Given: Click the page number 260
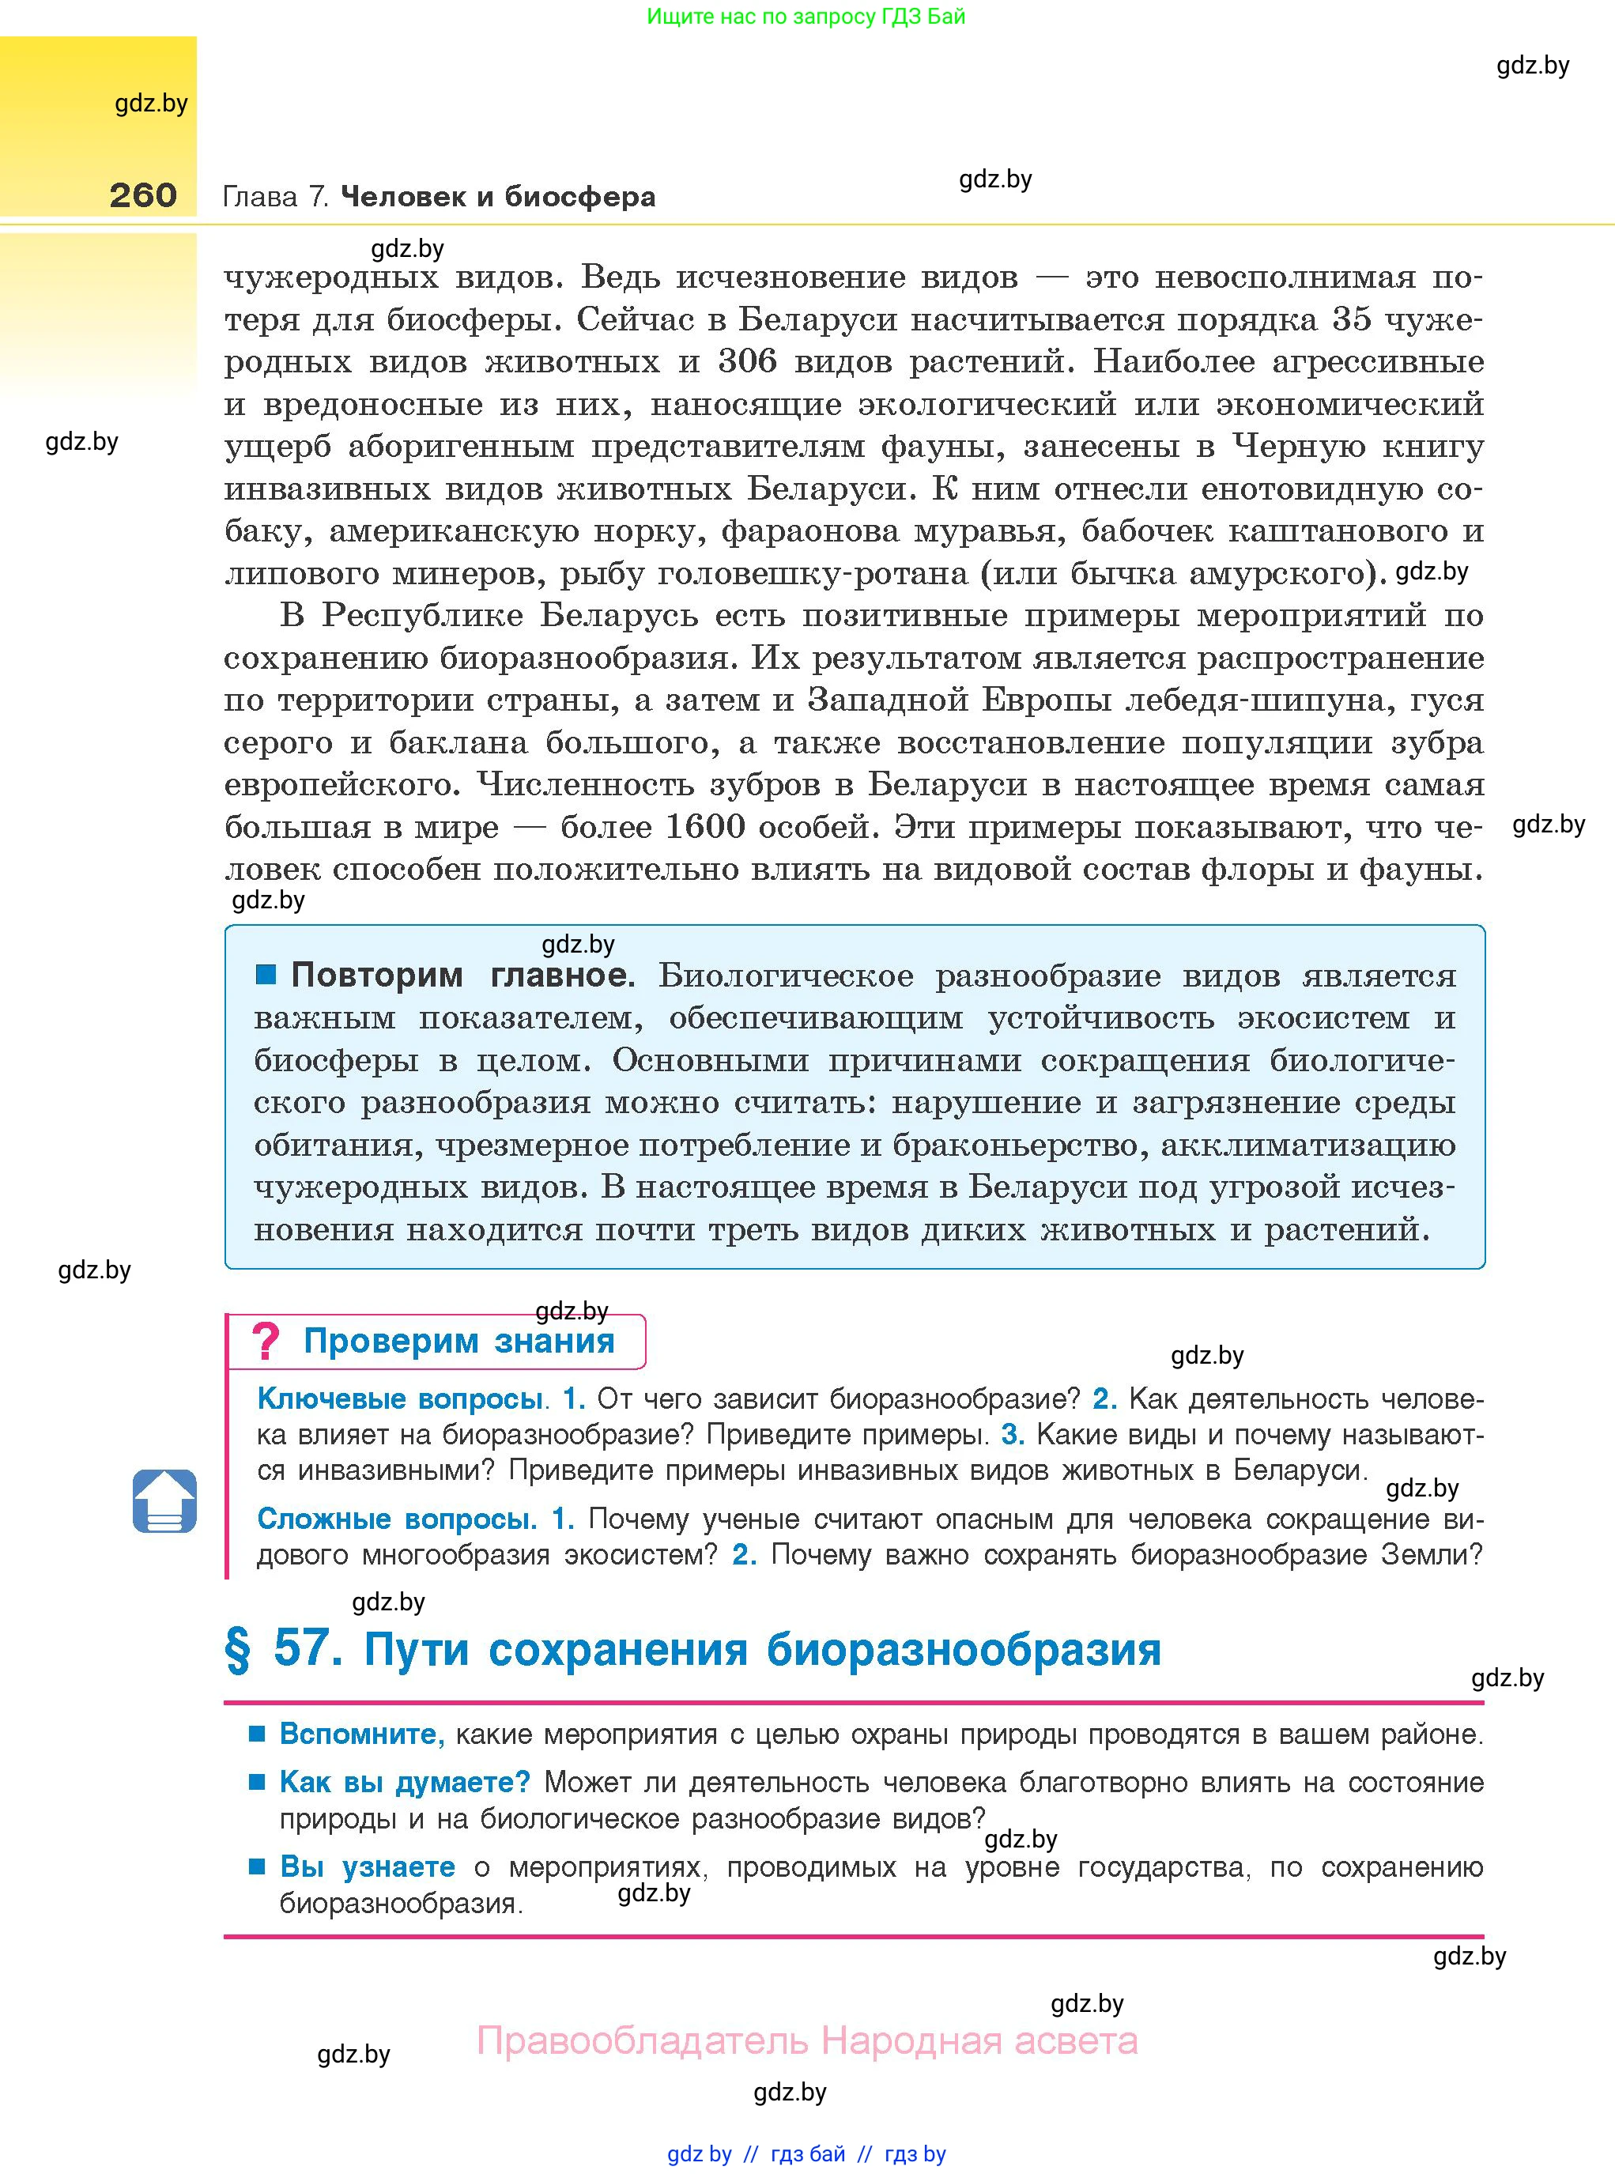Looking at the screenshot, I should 143,194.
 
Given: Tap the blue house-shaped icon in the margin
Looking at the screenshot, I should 164,1500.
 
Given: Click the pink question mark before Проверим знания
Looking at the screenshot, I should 265,1341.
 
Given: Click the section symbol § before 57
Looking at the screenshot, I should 238,1649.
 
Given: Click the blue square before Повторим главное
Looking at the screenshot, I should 266,974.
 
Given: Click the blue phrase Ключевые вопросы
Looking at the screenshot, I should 399,1398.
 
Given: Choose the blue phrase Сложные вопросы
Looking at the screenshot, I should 396,1519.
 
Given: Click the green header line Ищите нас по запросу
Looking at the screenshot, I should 806,16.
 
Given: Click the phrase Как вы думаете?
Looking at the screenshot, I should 404,1782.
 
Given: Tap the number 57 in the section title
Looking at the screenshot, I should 307,1648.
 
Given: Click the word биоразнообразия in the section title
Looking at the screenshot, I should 963,1649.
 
